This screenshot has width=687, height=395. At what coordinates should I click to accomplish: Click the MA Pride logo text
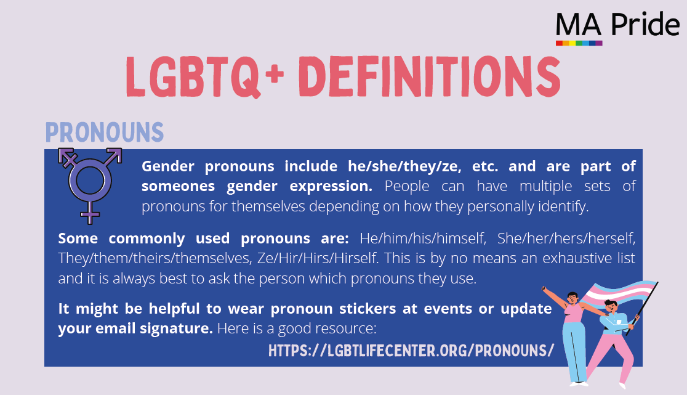(x=618, y=25)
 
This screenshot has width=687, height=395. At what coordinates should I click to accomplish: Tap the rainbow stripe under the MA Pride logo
(x=579, y=43)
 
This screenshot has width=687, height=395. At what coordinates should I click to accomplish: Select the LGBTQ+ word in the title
(x=205, y=76)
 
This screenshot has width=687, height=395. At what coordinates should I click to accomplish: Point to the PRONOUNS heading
(x=105, y=132)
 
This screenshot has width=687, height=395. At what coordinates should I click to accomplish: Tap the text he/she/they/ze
(x=404, y=166)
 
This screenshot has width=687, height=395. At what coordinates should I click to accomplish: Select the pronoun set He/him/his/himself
(x=423, y=238)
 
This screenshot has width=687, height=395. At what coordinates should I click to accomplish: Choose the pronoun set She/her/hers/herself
(x=566, y=238)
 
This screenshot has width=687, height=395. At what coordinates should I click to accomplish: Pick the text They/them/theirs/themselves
(x=155, y=258)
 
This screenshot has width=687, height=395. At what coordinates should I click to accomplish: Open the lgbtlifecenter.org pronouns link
(x=411, y=351)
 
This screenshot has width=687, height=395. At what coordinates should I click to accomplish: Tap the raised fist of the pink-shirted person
(x=544, y=289)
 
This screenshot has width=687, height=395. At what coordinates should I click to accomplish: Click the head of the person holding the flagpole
(x=611, y=307)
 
